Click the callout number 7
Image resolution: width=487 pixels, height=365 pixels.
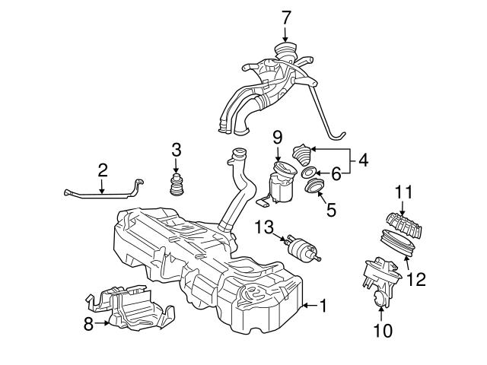(x=285, y=16)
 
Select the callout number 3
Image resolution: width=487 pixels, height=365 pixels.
(x=176, y=150)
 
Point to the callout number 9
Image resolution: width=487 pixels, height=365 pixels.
(x=363, y=160)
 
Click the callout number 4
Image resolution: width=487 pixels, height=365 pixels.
(x=331, y=209)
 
